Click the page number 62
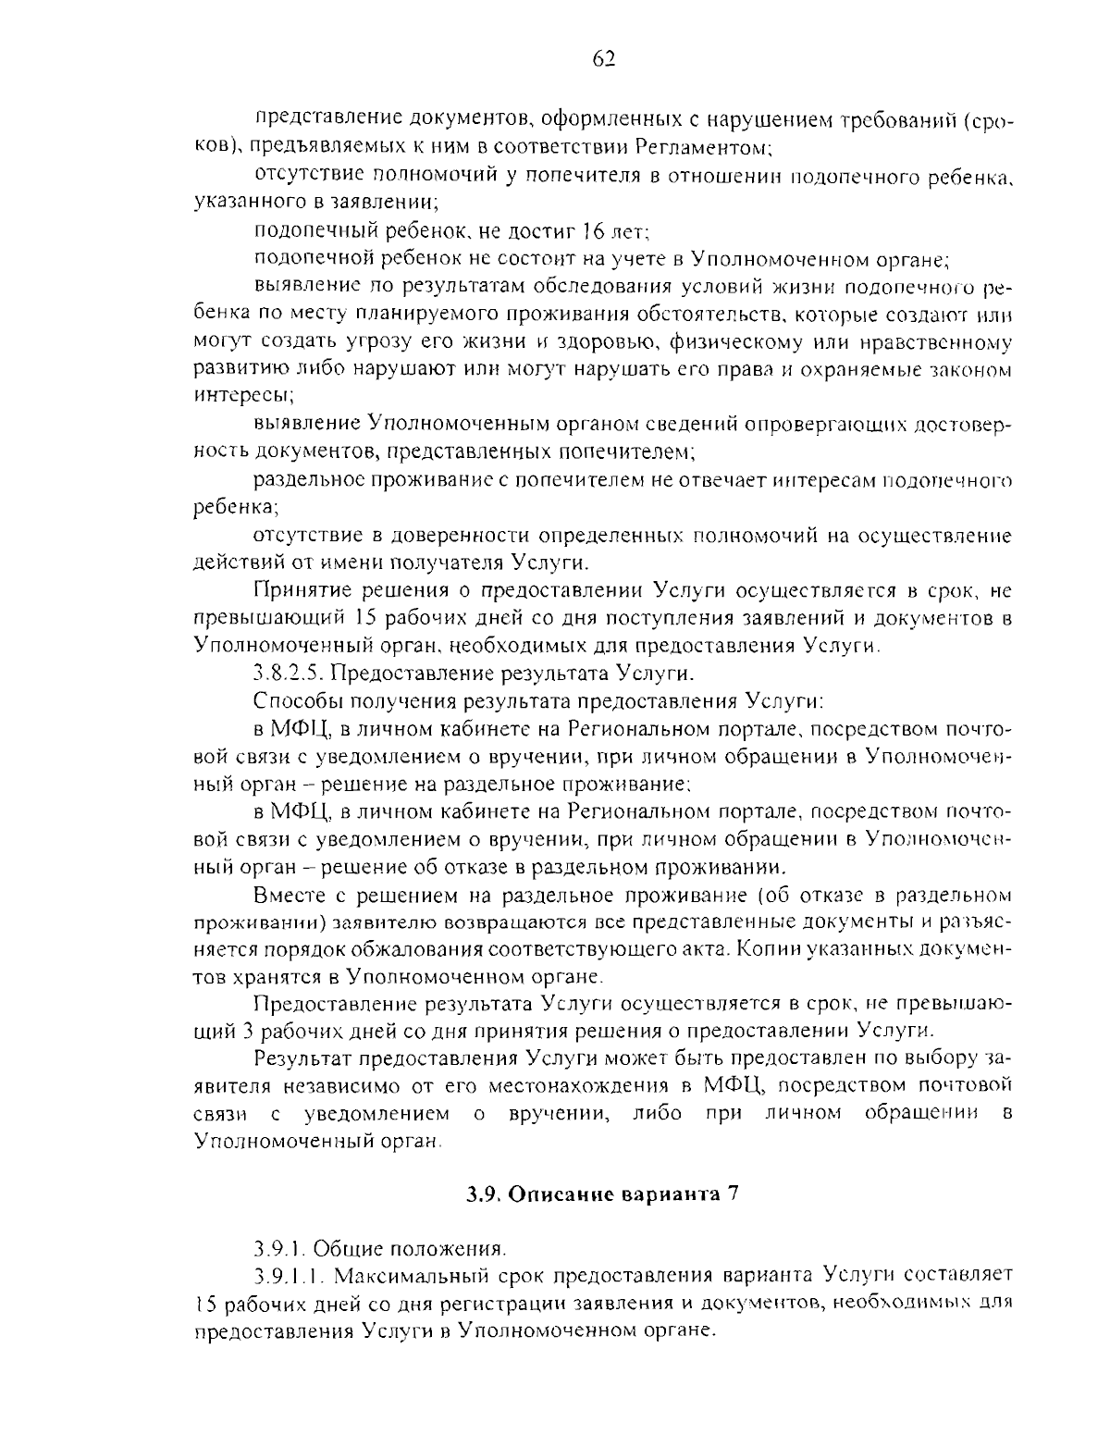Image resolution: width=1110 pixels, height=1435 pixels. [x=602, y=60]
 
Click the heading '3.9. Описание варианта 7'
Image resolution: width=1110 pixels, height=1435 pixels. [x=602, y=1193]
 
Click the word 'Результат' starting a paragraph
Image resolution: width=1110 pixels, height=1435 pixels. [x=302, y=1058]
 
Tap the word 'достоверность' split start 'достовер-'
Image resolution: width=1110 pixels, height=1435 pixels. [x=962, y=425]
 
